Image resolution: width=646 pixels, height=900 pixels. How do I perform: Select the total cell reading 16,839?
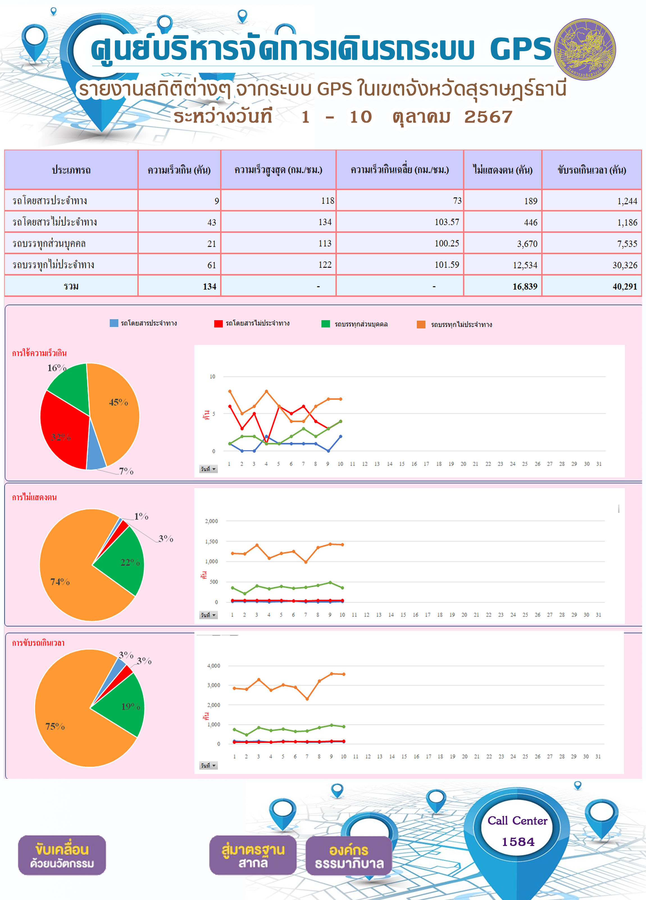click(x=502, y=286)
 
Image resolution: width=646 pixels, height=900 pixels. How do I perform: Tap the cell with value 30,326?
click(x=591, y=265)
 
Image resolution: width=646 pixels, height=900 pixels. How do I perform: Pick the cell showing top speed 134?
click(x=278, y=222)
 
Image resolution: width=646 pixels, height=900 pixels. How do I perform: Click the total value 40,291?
click(x=591, y=286)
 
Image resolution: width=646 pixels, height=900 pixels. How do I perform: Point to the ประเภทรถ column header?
click(x=71, y=170)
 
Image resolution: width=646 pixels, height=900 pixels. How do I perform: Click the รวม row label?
click(x=71, y=286)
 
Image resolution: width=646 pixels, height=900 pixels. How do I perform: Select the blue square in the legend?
click(x=114, y=323)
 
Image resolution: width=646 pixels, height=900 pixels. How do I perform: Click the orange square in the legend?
click(x=421, y=325)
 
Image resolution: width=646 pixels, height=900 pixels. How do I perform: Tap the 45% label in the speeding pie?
click(x=119, y=402)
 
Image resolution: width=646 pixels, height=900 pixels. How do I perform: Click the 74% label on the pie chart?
click(x=60, y=582)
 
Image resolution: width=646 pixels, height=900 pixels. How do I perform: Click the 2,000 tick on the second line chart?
click(x=211, y=521)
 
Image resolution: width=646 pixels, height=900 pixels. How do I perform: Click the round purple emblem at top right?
click(x=585, y=49)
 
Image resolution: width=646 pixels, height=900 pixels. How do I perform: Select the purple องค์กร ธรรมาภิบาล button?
click(x=349, y=856)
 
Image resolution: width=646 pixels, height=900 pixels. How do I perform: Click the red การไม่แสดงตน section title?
click(x=35, y=497)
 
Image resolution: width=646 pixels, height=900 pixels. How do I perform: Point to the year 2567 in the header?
click(x=488, y=117)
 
